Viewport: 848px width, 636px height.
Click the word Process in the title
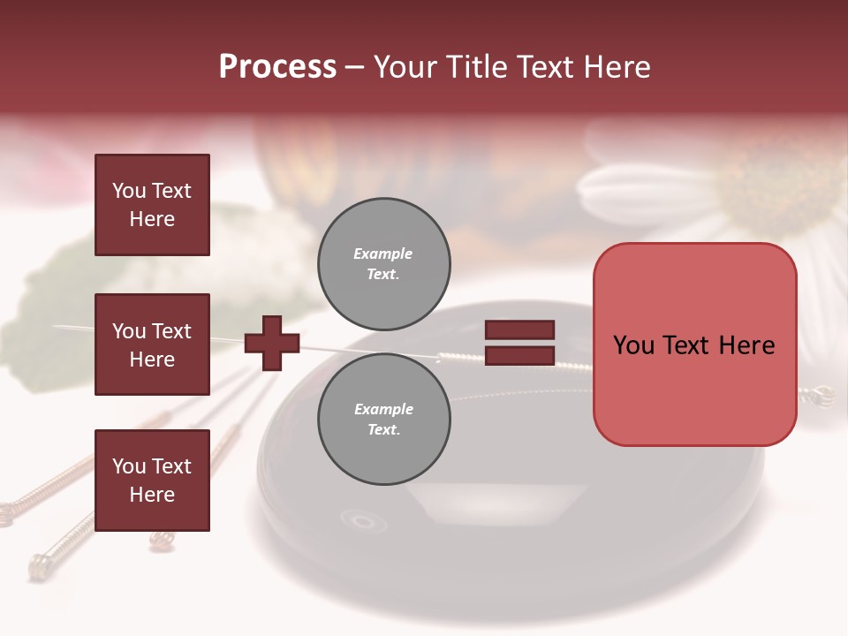[x=277, y=67]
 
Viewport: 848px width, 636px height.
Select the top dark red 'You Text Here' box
[x=152, y=205]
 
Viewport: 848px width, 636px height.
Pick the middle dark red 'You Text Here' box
[x=152, y=344]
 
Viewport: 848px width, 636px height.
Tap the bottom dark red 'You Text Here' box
[x=152, y=480]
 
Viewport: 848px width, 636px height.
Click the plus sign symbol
[x=272, y=343]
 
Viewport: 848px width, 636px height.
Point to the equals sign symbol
[x=520, y=343]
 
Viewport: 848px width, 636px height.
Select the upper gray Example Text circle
[x=384, y=263]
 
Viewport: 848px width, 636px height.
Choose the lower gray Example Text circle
[x=384, y=419]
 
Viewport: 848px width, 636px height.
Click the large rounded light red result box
[x=694, y=344]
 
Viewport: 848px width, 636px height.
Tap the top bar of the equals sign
[x=520, y=330]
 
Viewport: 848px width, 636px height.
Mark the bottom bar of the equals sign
[x=520, y=355]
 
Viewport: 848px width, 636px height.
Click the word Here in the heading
[x=615, y=67]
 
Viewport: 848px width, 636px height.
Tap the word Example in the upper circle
[x=383, y=254]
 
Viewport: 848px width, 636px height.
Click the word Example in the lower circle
[x=383, y=409]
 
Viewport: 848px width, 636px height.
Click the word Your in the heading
[x=405, y=67]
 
